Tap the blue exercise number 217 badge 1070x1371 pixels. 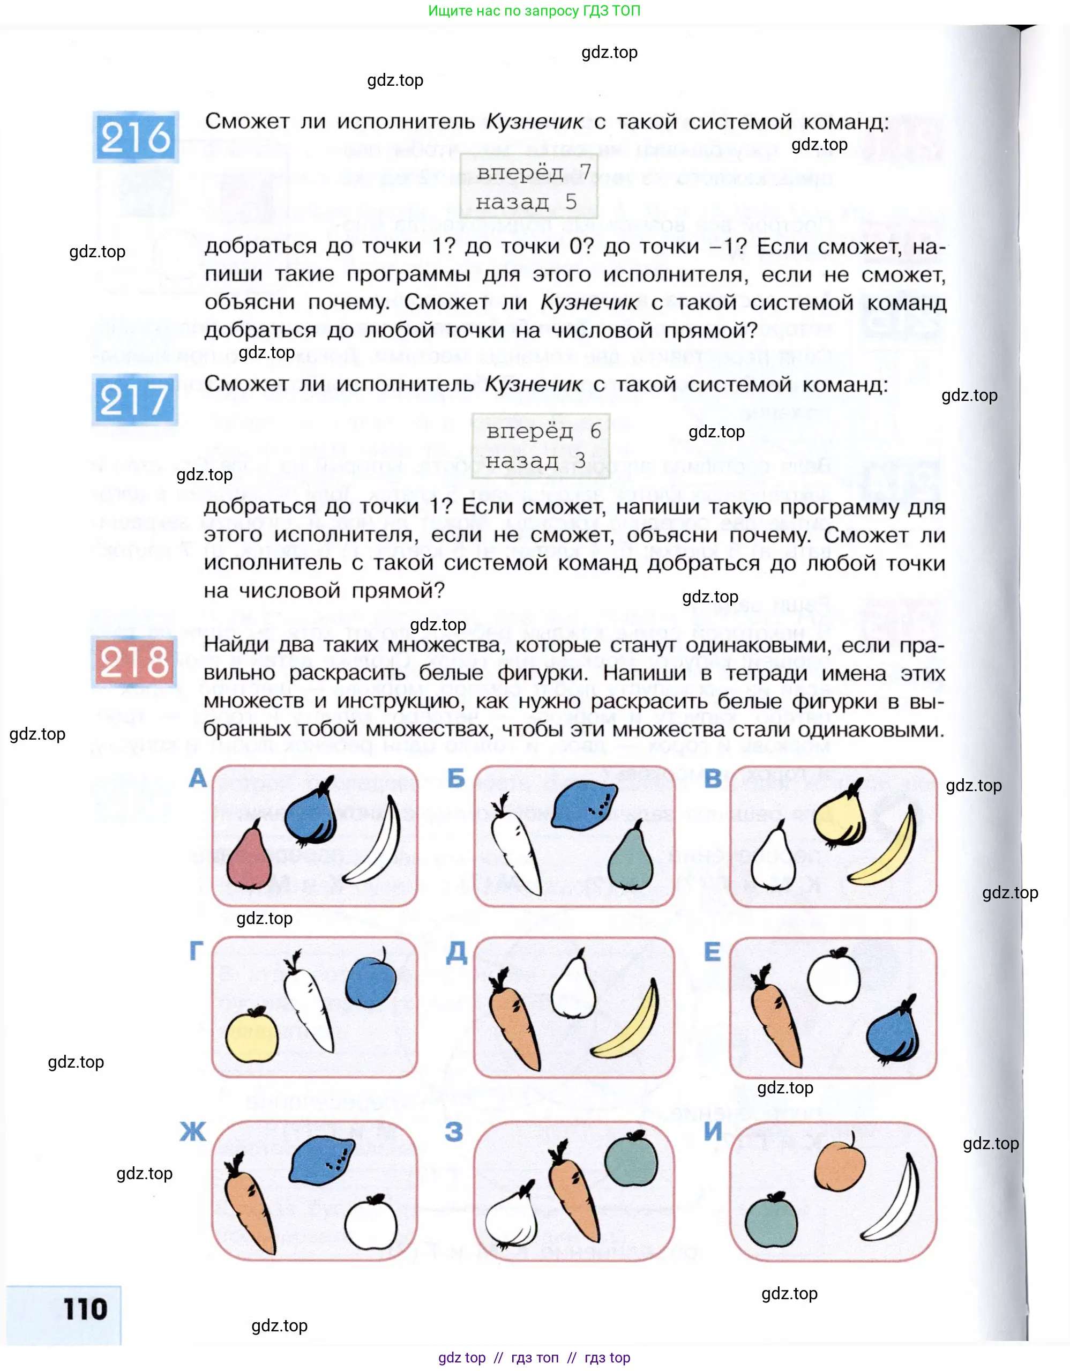(x=134, y=399)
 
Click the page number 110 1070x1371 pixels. (x=85, y=1309)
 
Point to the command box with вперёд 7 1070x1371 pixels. (x=529, y=187)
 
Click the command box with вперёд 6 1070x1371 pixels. (x=540, y=446)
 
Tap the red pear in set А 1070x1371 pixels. (x=249, y=858)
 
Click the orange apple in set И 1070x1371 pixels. (x=840, y=1165)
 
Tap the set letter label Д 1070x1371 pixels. (x=457, y=952)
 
